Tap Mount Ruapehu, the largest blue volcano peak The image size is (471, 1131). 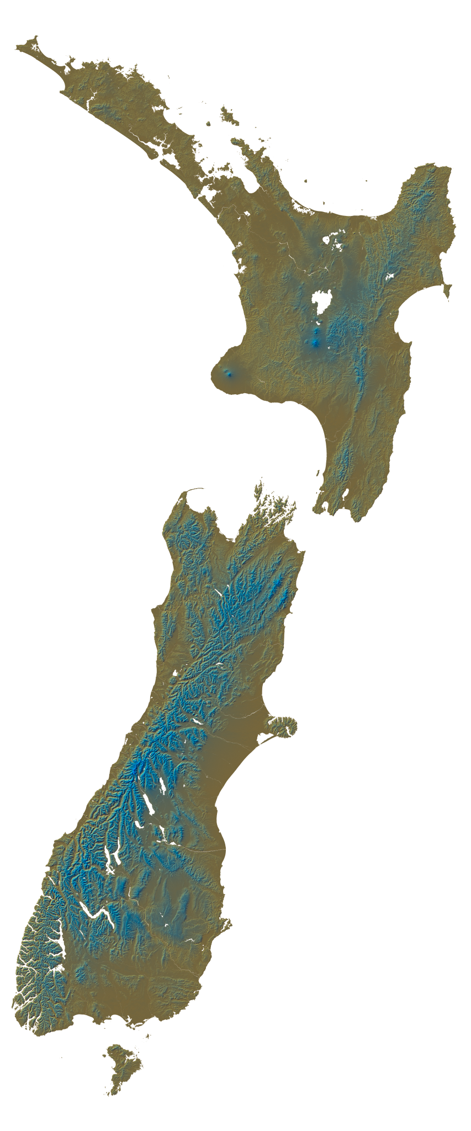point(315,343)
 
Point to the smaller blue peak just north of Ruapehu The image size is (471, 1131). point(316,331)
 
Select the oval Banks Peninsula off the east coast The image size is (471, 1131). point(281,726)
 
